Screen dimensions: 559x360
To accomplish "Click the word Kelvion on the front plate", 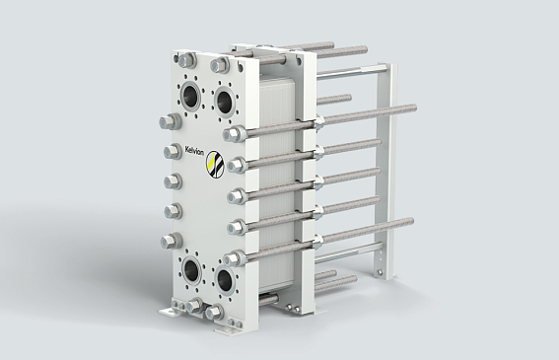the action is click(194, 151).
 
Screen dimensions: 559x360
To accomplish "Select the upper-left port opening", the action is click(192, 95).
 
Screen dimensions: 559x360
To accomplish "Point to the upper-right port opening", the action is click(224, 101).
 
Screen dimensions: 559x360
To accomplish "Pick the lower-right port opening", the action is click(225, 278).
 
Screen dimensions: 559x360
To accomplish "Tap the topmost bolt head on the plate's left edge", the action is click(170, 122).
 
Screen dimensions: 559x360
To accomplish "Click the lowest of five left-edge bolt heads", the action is click(172, 242).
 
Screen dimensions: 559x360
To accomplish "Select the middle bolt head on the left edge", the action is click(174, 181).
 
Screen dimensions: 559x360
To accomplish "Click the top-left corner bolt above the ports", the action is click(187, 60).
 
